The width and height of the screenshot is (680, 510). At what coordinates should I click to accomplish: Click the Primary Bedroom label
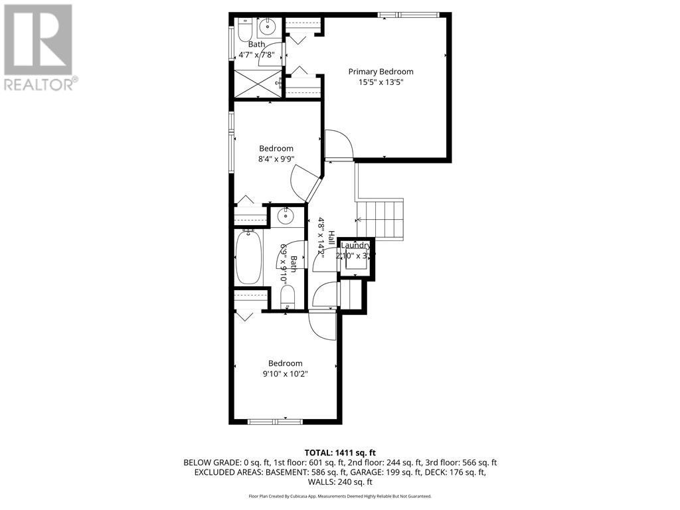click(381, 72)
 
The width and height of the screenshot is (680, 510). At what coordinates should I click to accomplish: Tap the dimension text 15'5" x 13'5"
click(381, 83)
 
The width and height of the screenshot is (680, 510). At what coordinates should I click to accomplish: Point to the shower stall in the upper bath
click(255, 82)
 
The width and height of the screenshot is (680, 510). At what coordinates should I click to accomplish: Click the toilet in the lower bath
click(287, 296)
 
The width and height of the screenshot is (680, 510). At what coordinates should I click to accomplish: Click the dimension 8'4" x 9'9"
click(276, 159)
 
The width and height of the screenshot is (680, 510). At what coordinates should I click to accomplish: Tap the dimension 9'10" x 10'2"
click(286, 374)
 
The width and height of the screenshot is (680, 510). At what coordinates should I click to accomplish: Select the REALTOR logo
click(39, 47)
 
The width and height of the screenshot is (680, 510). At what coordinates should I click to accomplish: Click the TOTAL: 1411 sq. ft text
click(339, 452)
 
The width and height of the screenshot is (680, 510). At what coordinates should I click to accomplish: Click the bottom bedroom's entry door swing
click(323, 325)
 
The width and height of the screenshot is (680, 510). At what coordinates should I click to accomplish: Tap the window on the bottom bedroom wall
click(276, 420)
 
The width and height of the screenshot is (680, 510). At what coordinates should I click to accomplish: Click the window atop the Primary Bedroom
click(408, 15)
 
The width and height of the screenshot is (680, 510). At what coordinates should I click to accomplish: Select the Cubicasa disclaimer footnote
click(339, 496)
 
